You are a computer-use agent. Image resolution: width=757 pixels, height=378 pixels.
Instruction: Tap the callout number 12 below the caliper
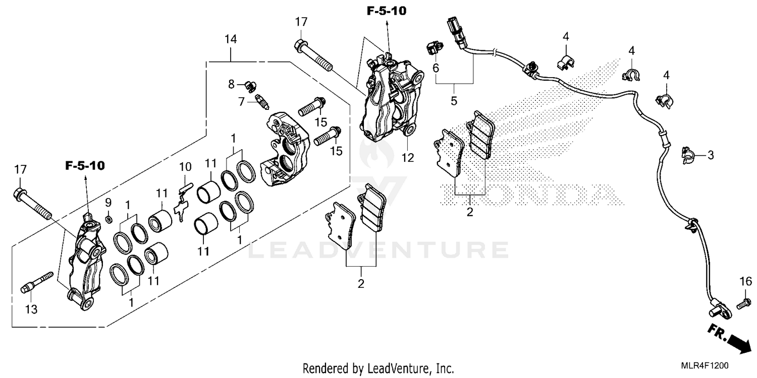408,158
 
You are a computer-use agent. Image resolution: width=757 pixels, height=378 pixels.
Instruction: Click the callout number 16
745,281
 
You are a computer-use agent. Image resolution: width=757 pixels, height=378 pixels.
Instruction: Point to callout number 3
710,155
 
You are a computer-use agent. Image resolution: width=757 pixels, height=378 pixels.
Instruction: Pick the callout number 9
108,203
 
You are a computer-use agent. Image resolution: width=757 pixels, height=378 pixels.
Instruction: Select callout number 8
232,84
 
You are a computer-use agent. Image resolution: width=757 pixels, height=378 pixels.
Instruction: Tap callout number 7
242,101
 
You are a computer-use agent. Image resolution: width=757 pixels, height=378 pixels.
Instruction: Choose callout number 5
454,101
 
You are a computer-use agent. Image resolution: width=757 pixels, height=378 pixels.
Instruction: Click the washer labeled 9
109,219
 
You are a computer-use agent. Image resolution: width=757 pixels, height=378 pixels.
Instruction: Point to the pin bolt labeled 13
36,283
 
